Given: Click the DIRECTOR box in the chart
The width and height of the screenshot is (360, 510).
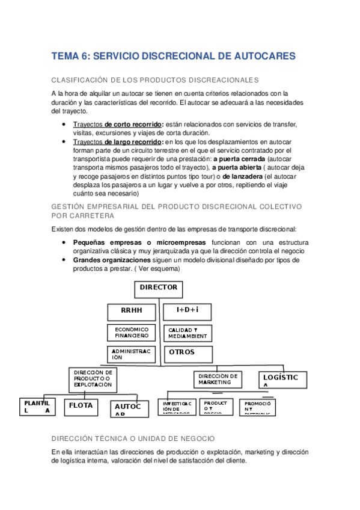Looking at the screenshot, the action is (158, 289).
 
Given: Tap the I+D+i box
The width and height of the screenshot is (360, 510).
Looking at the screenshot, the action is (187, 312).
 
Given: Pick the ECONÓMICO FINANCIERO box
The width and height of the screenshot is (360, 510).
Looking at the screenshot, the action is (132, 333).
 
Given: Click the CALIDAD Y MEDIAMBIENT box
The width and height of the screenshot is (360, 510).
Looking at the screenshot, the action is (187, 333).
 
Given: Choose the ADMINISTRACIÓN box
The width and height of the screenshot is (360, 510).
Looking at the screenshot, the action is (132, 353).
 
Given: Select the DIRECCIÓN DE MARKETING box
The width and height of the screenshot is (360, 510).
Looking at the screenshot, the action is (218, 379).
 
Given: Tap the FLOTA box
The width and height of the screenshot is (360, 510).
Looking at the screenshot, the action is (81, 407).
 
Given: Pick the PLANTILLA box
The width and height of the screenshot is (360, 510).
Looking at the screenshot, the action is (37, 406).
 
